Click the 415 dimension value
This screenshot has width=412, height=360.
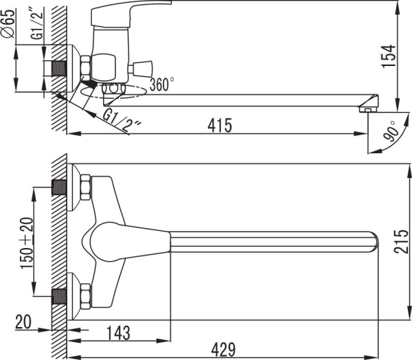pyautogui.click(x=220, y=125)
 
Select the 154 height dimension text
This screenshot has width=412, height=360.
pyautogui.click(x=389, y=56)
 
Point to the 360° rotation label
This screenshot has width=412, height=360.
pyautogui.click(x=162, y=84)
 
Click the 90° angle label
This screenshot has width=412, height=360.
pyautogui.click(x=391, y=131)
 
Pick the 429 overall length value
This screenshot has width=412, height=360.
pyautogui.click(x=224, y=350)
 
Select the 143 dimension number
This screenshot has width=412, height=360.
pyautogui.click(x=118, y=333)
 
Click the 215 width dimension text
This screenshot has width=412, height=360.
pyautogui.click(x=401, y=242)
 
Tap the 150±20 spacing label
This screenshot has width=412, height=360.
pyautogui.click(x=27, y=243)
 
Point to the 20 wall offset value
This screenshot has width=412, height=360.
pyautogui.click(x=23, y=322)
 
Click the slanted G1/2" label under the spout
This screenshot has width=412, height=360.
pyautogui.click(x=122, y=121)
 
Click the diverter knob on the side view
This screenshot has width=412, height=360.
pyautogui.click(x=140, y=69)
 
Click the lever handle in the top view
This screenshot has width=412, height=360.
pyautogui.click(x=130, y=242)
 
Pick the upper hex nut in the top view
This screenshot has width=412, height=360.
pyautogui.click(x=86, y=187)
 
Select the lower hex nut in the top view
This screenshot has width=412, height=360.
pyautogui.click(x=86, y=296)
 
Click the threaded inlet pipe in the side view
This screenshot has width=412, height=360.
pyautogui.click(x=58, y=69)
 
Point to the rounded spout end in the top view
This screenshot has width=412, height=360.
pyautogui.click(x=374, y=242)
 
